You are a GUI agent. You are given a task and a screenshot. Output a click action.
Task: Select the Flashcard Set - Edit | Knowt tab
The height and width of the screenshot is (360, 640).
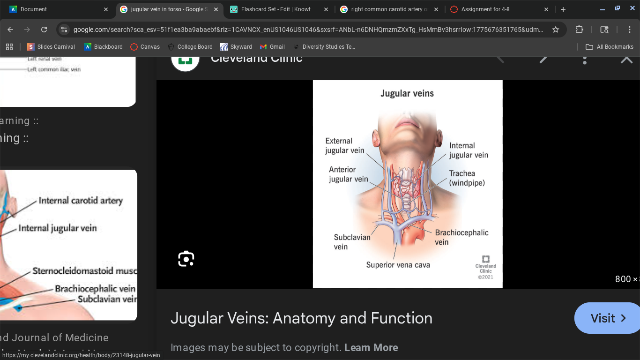pos(275,9)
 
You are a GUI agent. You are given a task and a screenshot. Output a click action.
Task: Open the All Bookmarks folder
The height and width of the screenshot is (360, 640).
pos(610,47)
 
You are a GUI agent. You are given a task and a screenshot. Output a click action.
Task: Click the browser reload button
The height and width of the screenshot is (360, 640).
pos(44,30)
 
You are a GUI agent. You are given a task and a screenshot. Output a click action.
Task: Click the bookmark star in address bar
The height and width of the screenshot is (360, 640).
pos(556,30)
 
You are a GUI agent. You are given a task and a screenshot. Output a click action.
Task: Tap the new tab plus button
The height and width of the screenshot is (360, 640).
pos(563,9)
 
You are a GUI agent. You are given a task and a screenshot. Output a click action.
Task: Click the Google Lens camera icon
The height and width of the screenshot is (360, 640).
pos(186,259)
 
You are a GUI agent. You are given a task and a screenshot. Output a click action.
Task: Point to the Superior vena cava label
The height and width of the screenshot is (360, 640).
pos(398,265)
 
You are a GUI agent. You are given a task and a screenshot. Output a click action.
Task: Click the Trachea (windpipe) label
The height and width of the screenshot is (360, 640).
pos(467,178)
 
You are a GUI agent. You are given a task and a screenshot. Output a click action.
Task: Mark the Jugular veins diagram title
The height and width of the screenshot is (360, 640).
pos(407,93)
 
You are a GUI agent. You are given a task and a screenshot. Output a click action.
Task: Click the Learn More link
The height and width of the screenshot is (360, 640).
pos(371,347)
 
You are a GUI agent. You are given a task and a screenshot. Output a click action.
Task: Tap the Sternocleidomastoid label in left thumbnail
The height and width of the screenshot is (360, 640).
pos(84,271)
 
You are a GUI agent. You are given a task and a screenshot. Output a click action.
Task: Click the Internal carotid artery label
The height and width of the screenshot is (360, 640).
pos(81,201)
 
